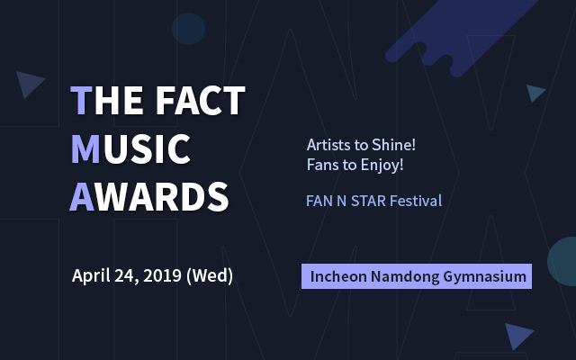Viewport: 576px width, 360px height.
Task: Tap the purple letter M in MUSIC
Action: tap(85, 148)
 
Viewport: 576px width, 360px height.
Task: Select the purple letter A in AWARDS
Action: tap(82, 196)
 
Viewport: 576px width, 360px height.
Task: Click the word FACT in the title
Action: tap(201, 100)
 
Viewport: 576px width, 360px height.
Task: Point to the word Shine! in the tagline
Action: tap(393, 145)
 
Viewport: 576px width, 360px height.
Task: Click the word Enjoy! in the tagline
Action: tap(382, 165)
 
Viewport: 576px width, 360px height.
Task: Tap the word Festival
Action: tap(416, 201)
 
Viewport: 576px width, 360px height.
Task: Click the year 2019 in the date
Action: tap(162, 275)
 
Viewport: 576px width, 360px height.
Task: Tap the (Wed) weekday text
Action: tap(210, 276)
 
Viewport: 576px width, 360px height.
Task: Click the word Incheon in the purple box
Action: tap(338, 276)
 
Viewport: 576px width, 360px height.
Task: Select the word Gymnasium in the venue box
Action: tap(485, 276)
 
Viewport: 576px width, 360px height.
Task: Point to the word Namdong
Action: tap(405, 276)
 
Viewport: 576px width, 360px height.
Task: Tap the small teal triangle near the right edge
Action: tap(535, 93)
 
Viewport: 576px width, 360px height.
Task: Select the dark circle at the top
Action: tap(188, 29)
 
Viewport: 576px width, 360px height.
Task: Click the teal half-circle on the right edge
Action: tap(562, 262)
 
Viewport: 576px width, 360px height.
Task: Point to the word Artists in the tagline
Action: tap(329, 145)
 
